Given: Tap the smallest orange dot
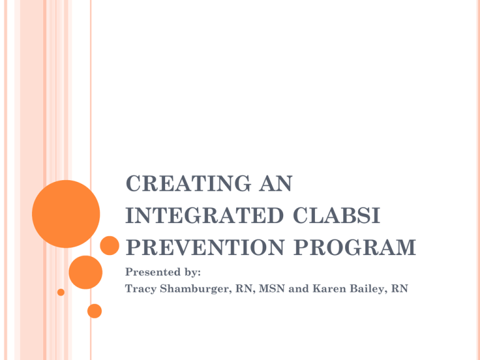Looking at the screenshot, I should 61,292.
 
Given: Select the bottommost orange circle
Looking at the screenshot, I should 94,310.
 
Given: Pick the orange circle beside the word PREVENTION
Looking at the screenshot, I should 109,246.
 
